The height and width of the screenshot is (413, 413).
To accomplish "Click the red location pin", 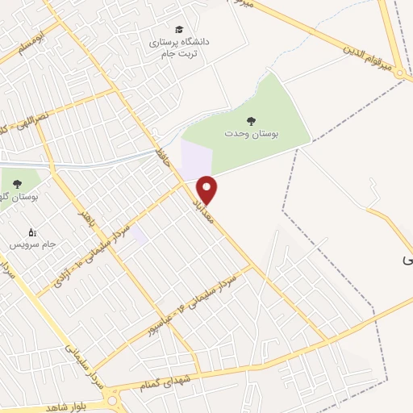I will (207, 189).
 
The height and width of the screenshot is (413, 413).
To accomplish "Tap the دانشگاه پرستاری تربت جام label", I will (179, 46).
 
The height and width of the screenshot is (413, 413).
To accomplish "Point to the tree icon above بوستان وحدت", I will (252, 121).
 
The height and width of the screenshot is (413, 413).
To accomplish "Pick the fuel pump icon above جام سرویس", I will (32, 232).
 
